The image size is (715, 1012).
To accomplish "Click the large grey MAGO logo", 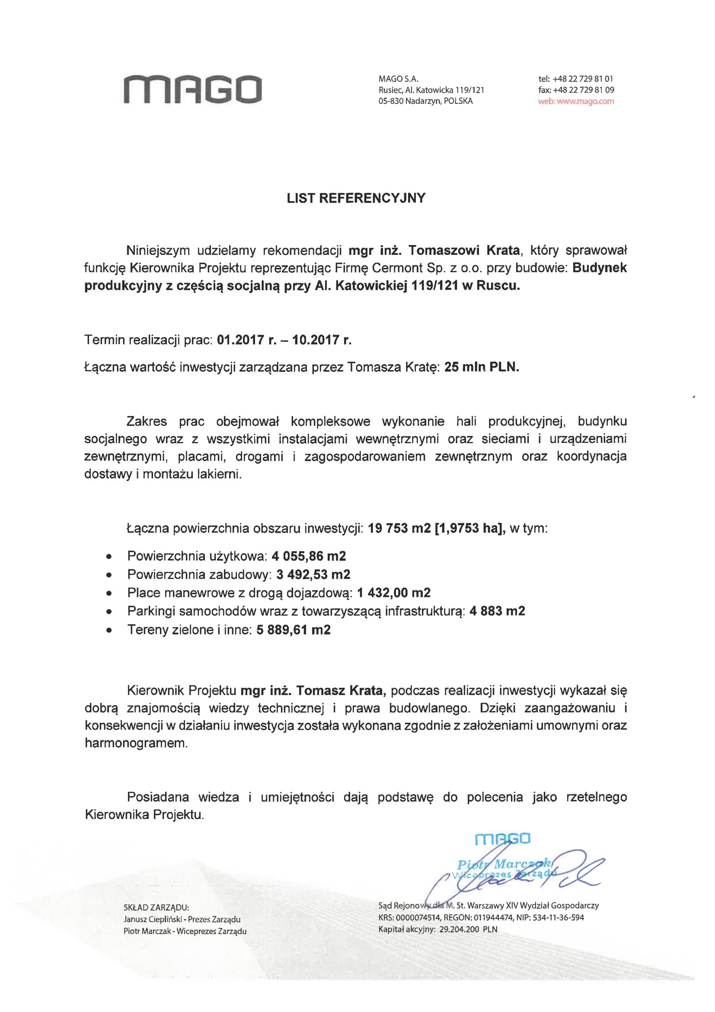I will pyautogui.click(x=193, y=90).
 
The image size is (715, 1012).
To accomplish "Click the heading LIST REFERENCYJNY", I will pyautogui.click(x=356, y=198).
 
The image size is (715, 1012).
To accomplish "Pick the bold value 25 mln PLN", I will pyautogui.click(x=482, y=367).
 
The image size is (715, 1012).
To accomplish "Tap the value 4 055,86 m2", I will pyautogui.click(x=309, y=556).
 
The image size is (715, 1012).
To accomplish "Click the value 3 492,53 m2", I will pyautogui.click(x=313, y=574).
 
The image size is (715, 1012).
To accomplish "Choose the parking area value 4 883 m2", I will pyautogui.click(x=497, y=611).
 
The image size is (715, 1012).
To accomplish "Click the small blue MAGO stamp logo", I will pyautogui.click(x=503, y=838).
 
